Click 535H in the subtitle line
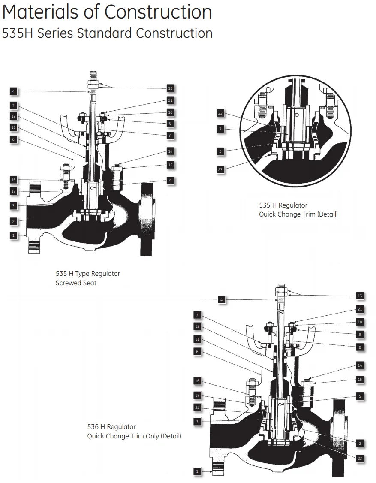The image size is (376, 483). [x=18, y=33]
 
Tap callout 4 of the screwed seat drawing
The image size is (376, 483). [x=13, y=91]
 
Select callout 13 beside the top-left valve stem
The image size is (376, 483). [x=170, y=88]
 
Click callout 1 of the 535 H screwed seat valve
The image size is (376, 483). [x=13, y=235]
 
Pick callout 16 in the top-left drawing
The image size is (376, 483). [x=13, y=180]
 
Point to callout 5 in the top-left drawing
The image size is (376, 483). [x=170, y=181]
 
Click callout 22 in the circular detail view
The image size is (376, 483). [x=220, y=113]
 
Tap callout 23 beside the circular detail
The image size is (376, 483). [x=220, y=169]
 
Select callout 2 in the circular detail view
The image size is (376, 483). [x=220, y=151]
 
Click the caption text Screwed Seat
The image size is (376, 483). [x=76, y=283]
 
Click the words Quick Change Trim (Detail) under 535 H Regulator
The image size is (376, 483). [x=298, y=214]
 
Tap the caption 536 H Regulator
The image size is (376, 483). [x=111, y=427]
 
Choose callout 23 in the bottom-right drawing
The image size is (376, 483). [x=360, y=459]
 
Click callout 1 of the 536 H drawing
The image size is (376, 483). [x=197, y=471]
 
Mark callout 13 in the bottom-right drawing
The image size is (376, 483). [x=360, y=296]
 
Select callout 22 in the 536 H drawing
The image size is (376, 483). [x=197, y=408]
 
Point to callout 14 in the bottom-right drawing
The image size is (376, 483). [x=360, y=365]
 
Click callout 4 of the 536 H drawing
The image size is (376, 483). [x=221, y=300]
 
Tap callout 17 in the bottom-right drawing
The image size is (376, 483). [x=197, y=395]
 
